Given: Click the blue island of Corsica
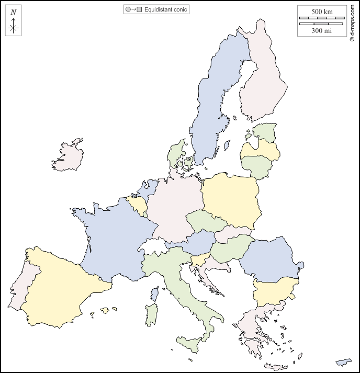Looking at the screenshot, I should (x=154, y=294).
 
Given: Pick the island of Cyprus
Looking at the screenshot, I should (x=344, y=362).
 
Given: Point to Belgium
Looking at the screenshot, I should (x=137, y=205).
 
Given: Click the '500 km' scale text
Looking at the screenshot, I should (x=322, y=12).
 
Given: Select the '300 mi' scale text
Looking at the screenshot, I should (x=322, y=30).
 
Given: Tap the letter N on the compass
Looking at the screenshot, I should (x=14, y=12).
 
